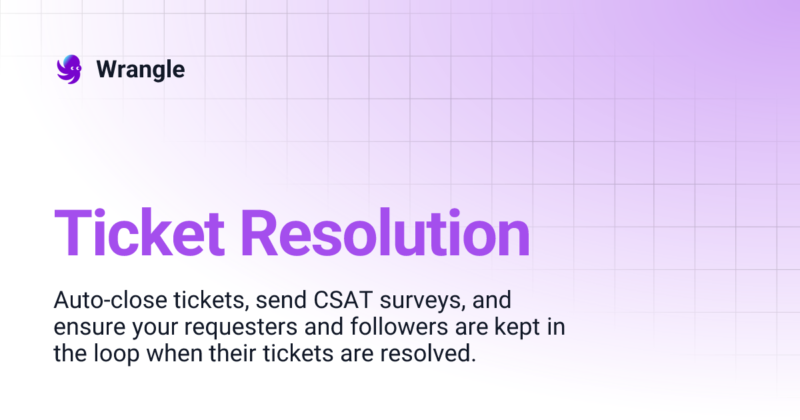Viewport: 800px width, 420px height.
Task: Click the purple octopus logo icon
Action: [x=69, y=69]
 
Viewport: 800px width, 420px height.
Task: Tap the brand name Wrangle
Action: [x=141, y=69]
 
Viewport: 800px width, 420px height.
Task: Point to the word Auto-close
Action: [x=102, y=301]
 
